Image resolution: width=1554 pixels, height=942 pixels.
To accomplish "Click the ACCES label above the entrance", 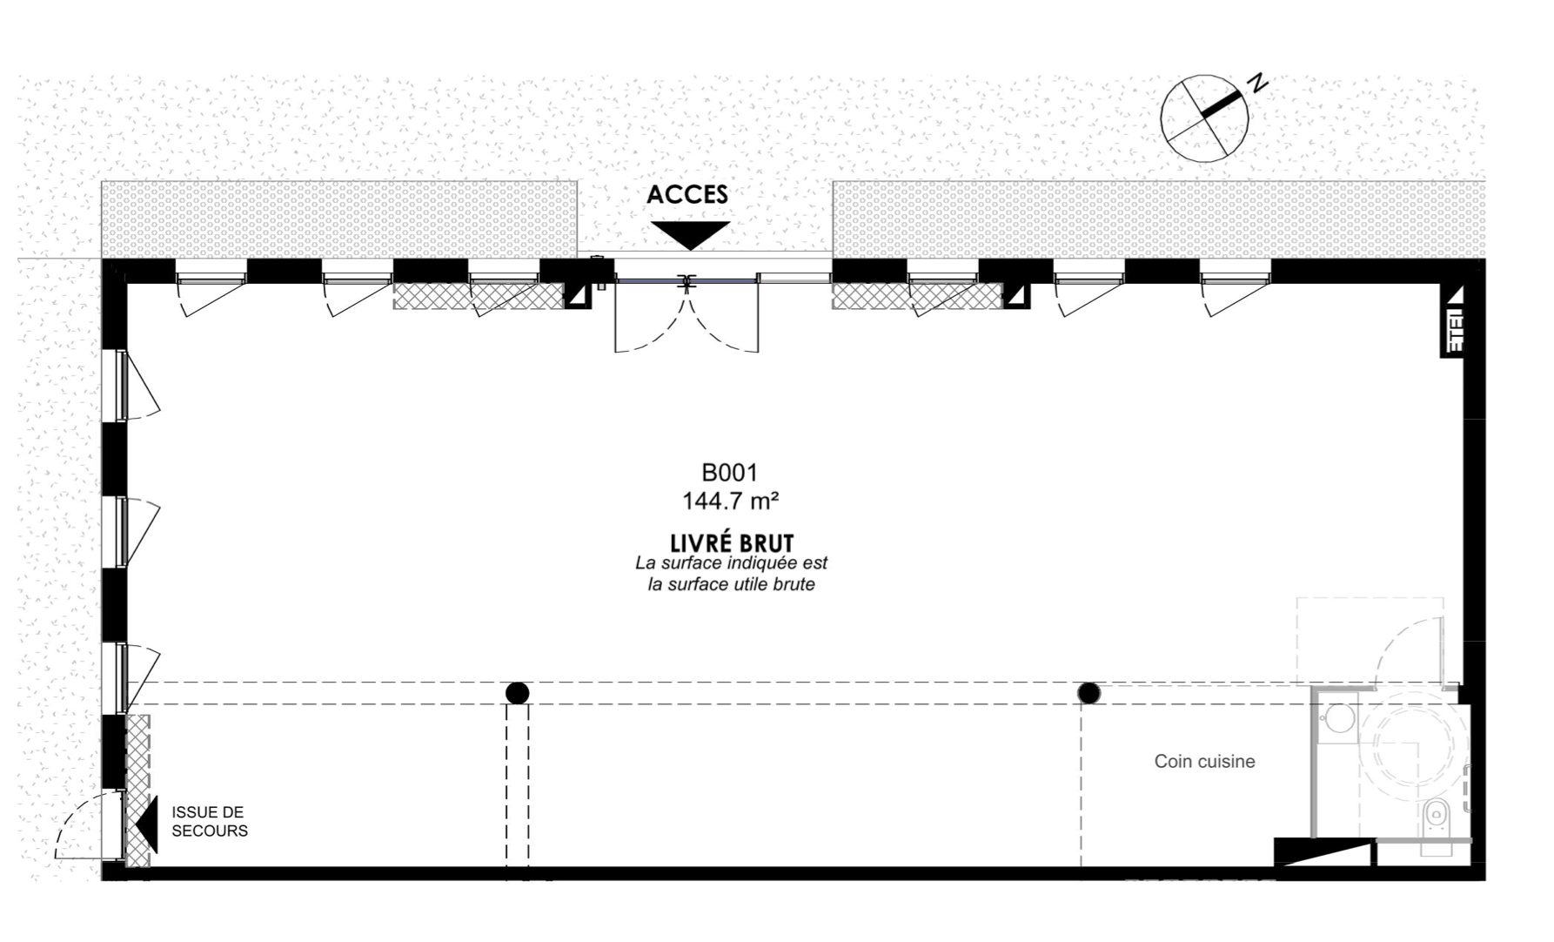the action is [x=687, y=194].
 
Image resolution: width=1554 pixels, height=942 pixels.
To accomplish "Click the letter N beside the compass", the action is [x=1257, y=84].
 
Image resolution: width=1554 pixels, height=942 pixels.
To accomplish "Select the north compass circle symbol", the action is [x=1205, y=118].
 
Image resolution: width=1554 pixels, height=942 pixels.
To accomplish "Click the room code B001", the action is [x=730, y=473].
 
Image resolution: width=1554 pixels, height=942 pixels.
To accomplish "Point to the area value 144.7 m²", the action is [x=730, y=501].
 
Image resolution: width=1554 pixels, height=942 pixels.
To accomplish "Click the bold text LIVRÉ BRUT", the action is [x=732, y=543].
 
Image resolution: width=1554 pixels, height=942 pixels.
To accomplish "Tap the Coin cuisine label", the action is [x=1204, y=762].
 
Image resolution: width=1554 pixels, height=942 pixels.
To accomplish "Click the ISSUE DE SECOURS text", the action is [x=210, y=822].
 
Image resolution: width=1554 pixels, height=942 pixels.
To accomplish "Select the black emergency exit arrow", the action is [x=147, y=824].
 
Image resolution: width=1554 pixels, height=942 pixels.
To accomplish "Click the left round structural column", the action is [x=518, y=693].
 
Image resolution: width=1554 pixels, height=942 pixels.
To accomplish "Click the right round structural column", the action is [x=1088, y=693].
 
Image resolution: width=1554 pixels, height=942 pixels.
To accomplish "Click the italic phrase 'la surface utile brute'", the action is [x=731, y=584].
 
